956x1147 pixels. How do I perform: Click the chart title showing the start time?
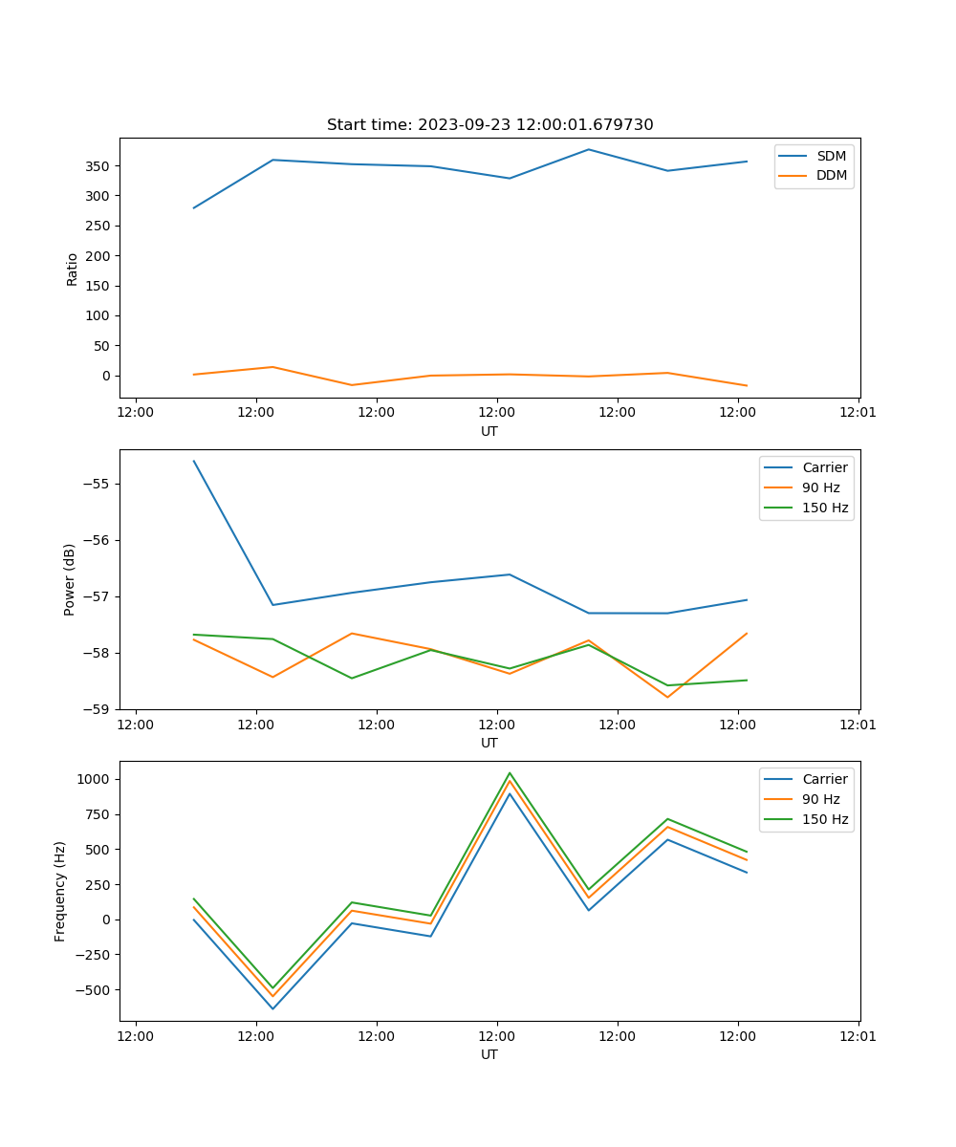(x=489, y=125)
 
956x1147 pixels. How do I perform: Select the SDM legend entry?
(x=831, y=156)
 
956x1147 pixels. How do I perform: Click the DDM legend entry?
(x=831, y=176)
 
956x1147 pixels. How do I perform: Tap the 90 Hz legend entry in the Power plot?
(x=821, y=487)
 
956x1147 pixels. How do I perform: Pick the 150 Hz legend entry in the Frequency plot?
(x=825, y=819)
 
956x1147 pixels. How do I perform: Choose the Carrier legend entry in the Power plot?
(x=824, y=467)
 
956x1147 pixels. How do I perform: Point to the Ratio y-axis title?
(x=73, y=269)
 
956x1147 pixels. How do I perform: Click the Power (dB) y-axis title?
(x=71, y=579)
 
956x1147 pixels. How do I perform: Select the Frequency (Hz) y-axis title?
(x=60, y=891)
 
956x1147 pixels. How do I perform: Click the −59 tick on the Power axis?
(x=99, y=709)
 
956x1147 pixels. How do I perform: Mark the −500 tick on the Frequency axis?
(x=95, y=989)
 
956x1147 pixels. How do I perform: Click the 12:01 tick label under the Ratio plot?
(x=858, y=413)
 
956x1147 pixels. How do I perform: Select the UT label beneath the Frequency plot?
(x=489, y=1054)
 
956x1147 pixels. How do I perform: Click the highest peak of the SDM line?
(x=588, y=149)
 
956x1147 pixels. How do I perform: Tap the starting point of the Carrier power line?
(x=194, y=461)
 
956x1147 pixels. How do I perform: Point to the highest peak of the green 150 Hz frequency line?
(x=510, y=772)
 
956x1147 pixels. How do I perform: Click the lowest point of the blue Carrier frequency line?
(x=272, y=1008)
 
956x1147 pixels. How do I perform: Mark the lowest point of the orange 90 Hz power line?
(x=667, y=697)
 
